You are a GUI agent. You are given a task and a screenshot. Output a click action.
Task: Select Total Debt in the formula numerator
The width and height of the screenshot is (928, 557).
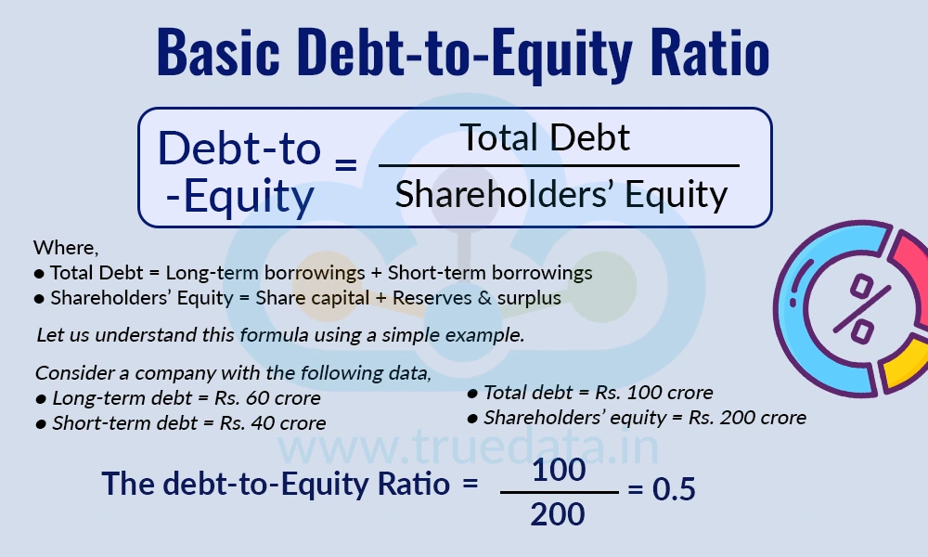[x=546, y=138]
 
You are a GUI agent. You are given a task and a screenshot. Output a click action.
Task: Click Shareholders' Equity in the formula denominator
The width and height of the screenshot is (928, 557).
[x=561, y=195]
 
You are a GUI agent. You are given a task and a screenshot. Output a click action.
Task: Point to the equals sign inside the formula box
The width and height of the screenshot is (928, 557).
[x=345, y=168]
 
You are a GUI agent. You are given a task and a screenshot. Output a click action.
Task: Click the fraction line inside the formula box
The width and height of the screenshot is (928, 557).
[x=559, y=166]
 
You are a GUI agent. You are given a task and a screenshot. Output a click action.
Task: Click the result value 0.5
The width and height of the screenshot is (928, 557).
[x=674, y=490]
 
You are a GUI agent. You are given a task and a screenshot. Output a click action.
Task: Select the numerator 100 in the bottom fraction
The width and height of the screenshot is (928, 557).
[x=560, y=471]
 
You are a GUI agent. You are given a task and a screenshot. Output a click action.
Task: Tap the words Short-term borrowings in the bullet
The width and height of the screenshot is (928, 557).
[x=490, y=273]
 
